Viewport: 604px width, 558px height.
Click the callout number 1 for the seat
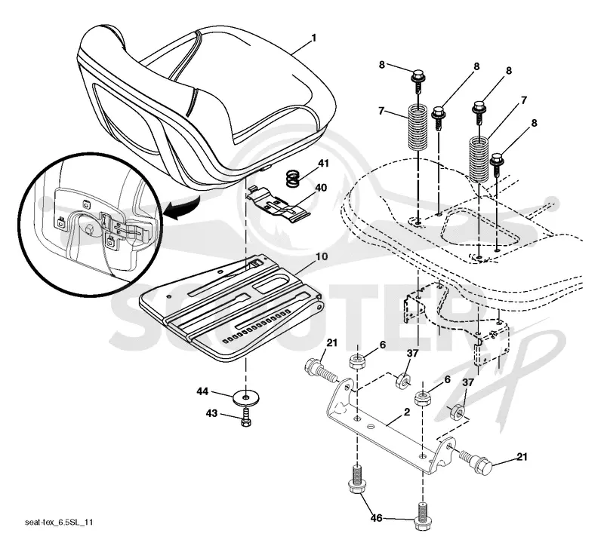click(x=314, y=38)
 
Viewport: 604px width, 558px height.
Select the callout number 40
click(x=321, y=188)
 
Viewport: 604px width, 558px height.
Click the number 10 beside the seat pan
click(x=322, y=256)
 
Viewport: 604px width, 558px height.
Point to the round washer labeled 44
click(x=246, y=396)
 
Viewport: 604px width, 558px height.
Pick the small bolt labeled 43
click(x=246, y=418)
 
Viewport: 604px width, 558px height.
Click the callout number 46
click(x=376, y=518)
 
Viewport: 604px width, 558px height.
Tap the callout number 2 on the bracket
click(x=407, y=412)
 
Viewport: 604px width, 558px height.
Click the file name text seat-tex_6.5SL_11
click(x=59, y=523)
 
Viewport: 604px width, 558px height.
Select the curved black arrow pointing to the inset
click(x=182, y=209)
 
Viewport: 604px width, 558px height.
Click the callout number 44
click(x=202, y=392)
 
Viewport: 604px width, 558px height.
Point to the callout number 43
click(x=211, y=413)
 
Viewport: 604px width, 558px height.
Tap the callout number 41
click(x=324, y=163)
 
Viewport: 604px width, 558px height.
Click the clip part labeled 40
click(x=277, y=204)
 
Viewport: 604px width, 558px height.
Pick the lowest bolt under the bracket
click(x=423, y=517)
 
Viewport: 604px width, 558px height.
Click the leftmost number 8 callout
click(x=382, y=65)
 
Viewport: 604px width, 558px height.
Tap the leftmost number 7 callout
click(x=381, y=111)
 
